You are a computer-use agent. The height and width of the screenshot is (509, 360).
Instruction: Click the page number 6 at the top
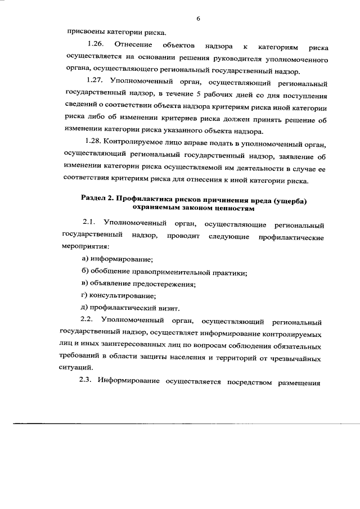point(199,19)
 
